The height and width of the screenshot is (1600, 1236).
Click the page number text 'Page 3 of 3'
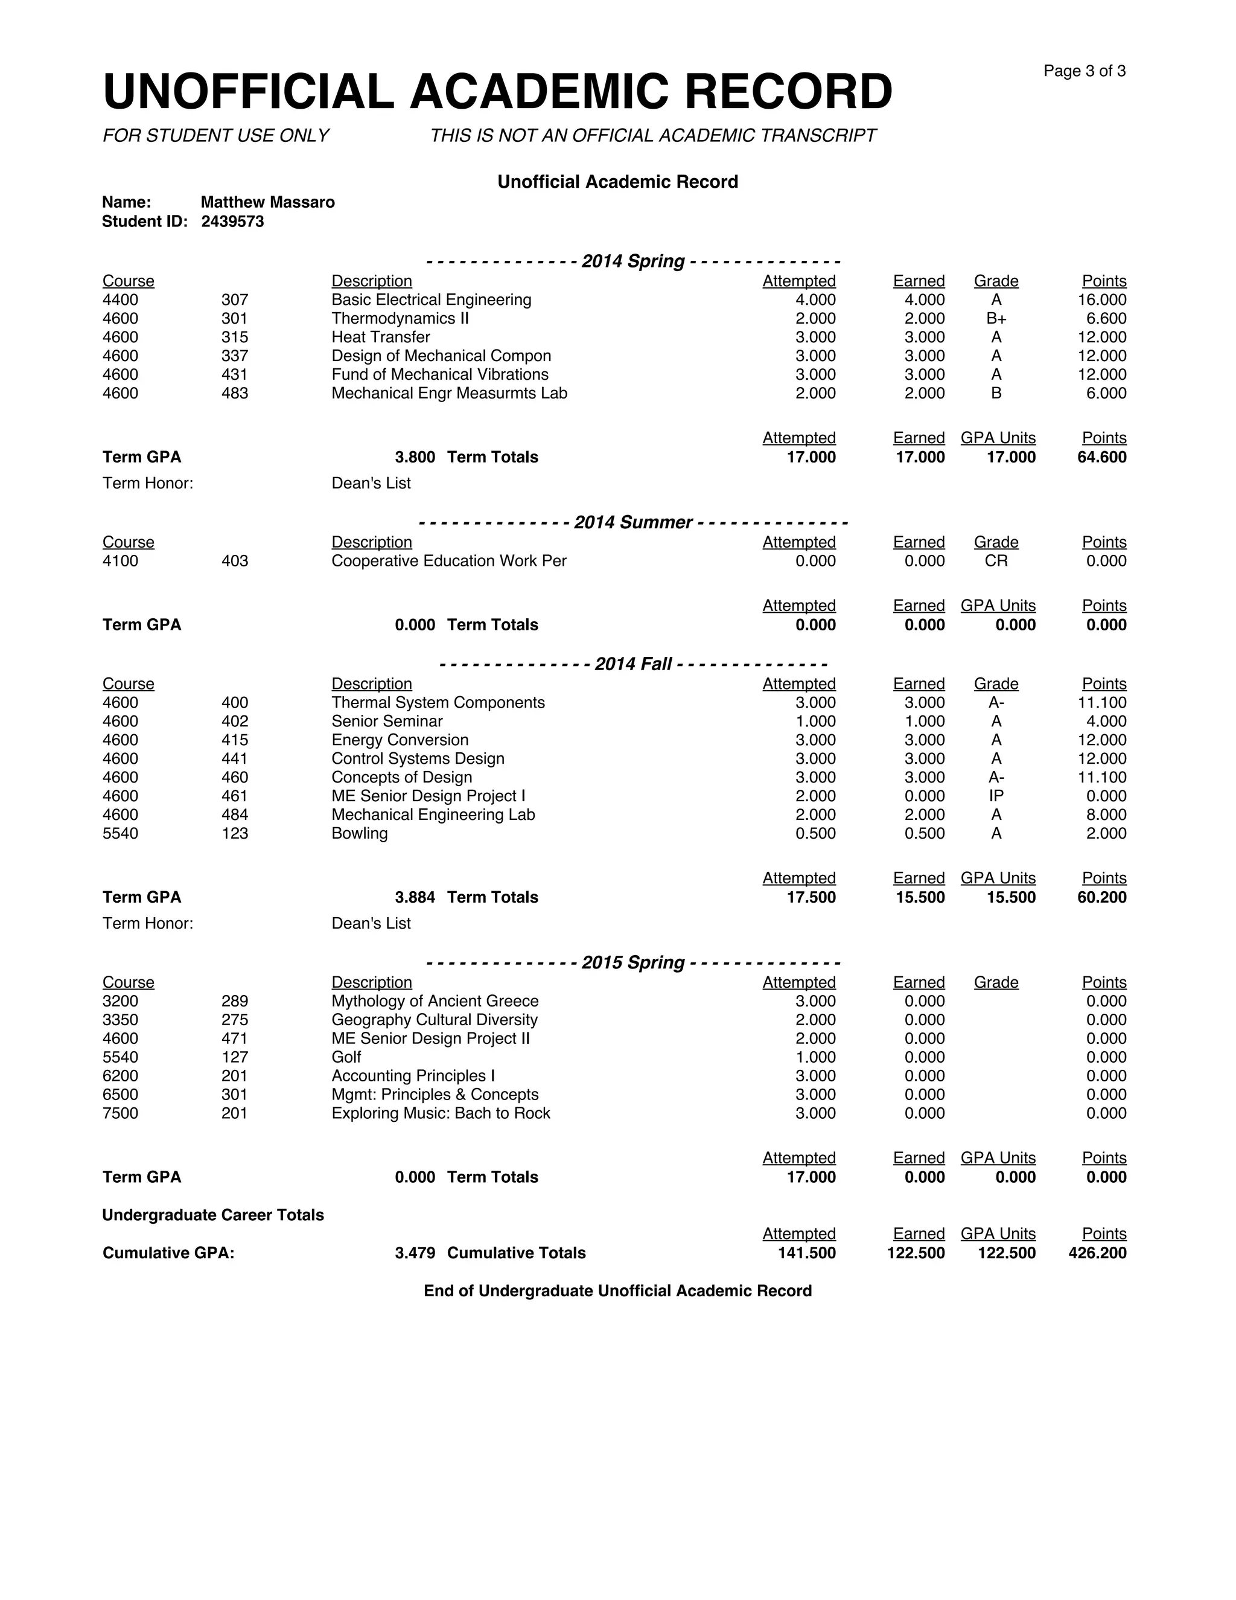(x=1084, y=71)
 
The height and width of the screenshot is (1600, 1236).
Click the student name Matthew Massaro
(x=267, y=202)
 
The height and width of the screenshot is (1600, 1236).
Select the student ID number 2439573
(x=232, y=221)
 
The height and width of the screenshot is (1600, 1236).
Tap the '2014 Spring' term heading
(x=632, y=261)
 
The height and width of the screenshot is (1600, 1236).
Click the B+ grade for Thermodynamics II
(x=996, y=319)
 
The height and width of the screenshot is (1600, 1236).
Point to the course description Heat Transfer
(x=380, y=337)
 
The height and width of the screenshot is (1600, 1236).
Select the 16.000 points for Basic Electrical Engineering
(x=1101, y=299)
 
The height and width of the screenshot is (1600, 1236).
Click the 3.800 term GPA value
(x=415, y=457)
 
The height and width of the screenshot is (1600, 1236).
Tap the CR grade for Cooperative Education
(x=996, y=561)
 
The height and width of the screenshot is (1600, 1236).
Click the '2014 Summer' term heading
(x=632, y=522)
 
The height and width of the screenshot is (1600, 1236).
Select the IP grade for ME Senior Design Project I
(x=996, y=796)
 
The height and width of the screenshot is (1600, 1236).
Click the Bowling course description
(x=359, y=834)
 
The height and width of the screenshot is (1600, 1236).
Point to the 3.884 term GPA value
(x=415, y=897)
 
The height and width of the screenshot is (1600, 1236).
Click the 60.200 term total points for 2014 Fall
(x=1101, y=897)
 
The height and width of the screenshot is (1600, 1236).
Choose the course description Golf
(x=346, y=1057)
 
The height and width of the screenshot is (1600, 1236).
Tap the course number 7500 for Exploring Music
(x=120, y=1113)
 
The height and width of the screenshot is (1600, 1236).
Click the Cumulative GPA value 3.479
(x=415, y=1253)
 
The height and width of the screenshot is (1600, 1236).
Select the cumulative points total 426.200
(x=1097, y=1253)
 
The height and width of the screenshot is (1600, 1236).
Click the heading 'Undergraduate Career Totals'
(x=212, y=1215)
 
